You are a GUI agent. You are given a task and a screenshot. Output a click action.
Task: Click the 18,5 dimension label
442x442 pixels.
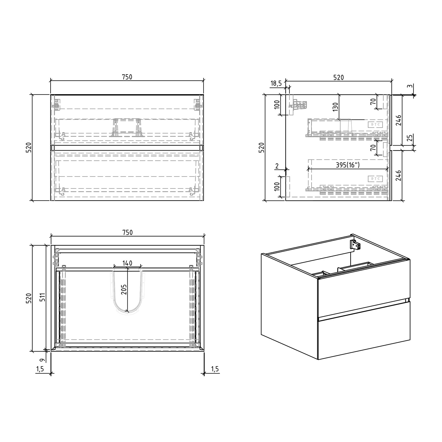click(x=276, y=83)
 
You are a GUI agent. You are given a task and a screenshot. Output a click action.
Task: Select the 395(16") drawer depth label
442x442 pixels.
click(x=348, y=165)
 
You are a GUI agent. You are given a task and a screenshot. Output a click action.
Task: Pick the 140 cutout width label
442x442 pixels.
click(x=127, y=263)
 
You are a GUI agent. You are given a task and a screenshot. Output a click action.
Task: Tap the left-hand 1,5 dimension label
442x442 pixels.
click(x=40, y=369)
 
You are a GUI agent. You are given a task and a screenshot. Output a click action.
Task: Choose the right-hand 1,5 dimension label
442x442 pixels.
click(x=215, y=369)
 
